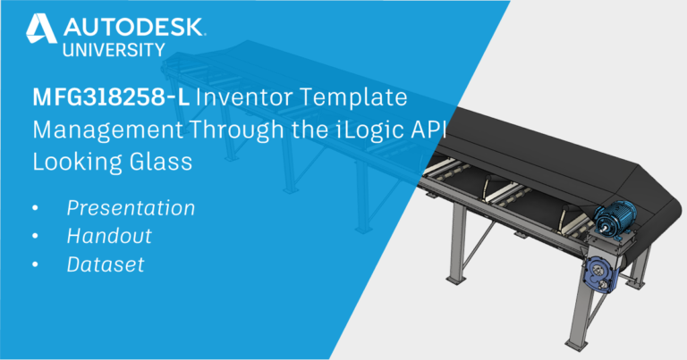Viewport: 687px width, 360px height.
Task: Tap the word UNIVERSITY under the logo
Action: tap(113, 49)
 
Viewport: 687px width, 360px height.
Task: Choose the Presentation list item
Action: tap(131, 208)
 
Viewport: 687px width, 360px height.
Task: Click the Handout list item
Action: tap(108, 237)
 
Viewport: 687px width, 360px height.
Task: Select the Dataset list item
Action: tap(104, 265)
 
